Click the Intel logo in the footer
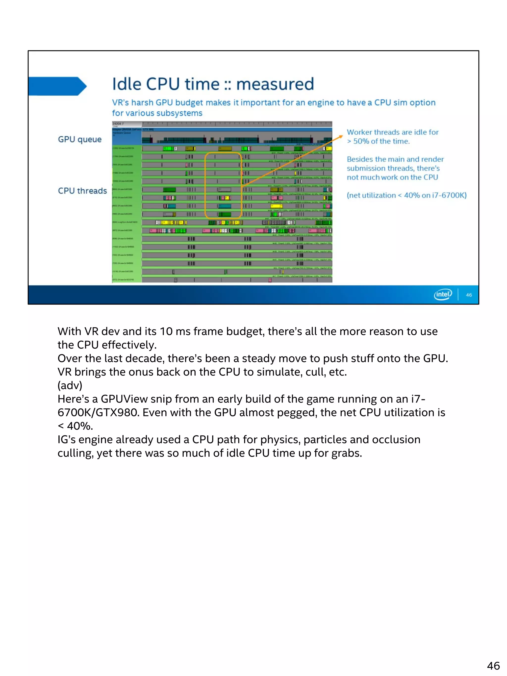(443, 294)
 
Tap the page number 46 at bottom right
(493, 665)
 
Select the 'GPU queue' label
(80, 139)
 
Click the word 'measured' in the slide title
(275, 84)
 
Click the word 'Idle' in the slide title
(127, 84)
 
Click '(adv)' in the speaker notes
(70, 385)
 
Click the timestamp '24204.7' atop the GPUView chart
(118, 124)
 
